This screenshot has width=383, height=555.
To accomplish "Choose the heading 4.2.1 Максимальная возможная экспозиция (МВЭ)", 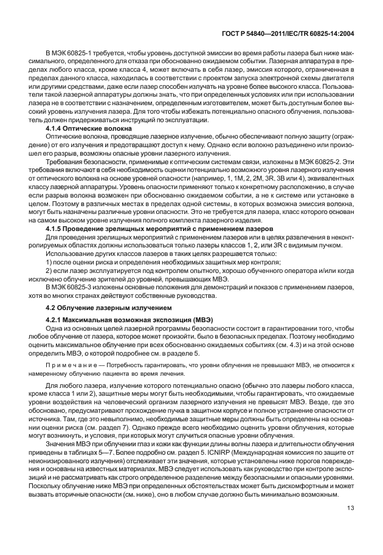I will pyautogui.click(x=120, y=320).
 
